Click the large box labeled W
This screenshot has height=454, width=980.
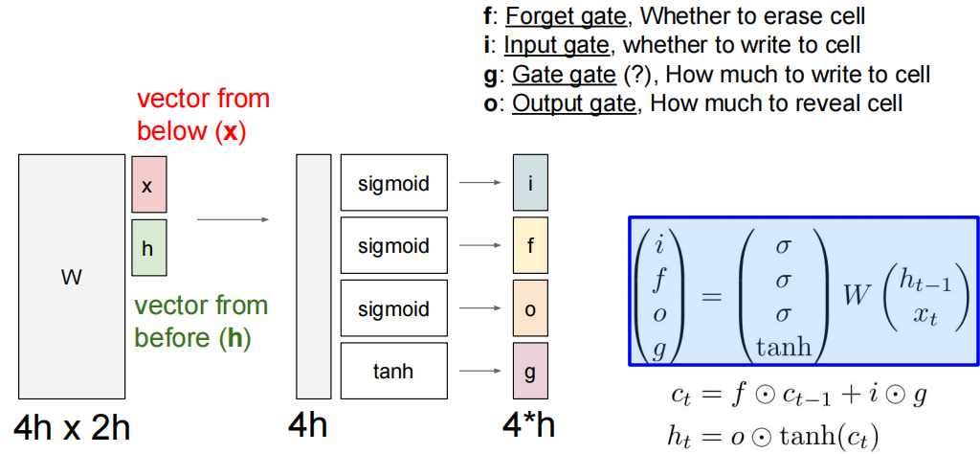coord(71,277)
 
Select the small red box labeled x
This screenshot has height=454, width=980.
coord(148,185)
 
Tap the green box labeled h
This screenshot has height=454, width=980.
coord(148,247)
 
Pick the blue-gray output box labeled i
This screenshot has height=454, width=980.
coord(530,182)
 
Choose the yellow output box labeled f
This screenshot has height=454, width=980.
coord(530,245)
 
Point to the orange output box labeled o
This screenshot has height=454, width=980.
coord(530,308)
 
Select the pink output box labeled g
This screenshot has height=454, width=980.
coord(530,370)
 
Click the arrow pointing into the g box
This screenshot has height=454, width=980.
coord(479,370)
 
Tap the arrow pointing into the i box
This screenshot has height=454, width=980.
coord(479,182)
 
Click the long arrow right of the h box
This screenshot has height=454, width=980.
coord(233,219)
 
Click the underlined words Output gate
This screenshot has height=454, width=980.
coord(574,103)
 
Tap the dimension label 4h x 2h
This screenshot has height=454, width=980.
coord(72,427)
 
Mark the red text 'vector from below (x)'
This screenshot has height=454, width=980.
coord(203,115)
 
